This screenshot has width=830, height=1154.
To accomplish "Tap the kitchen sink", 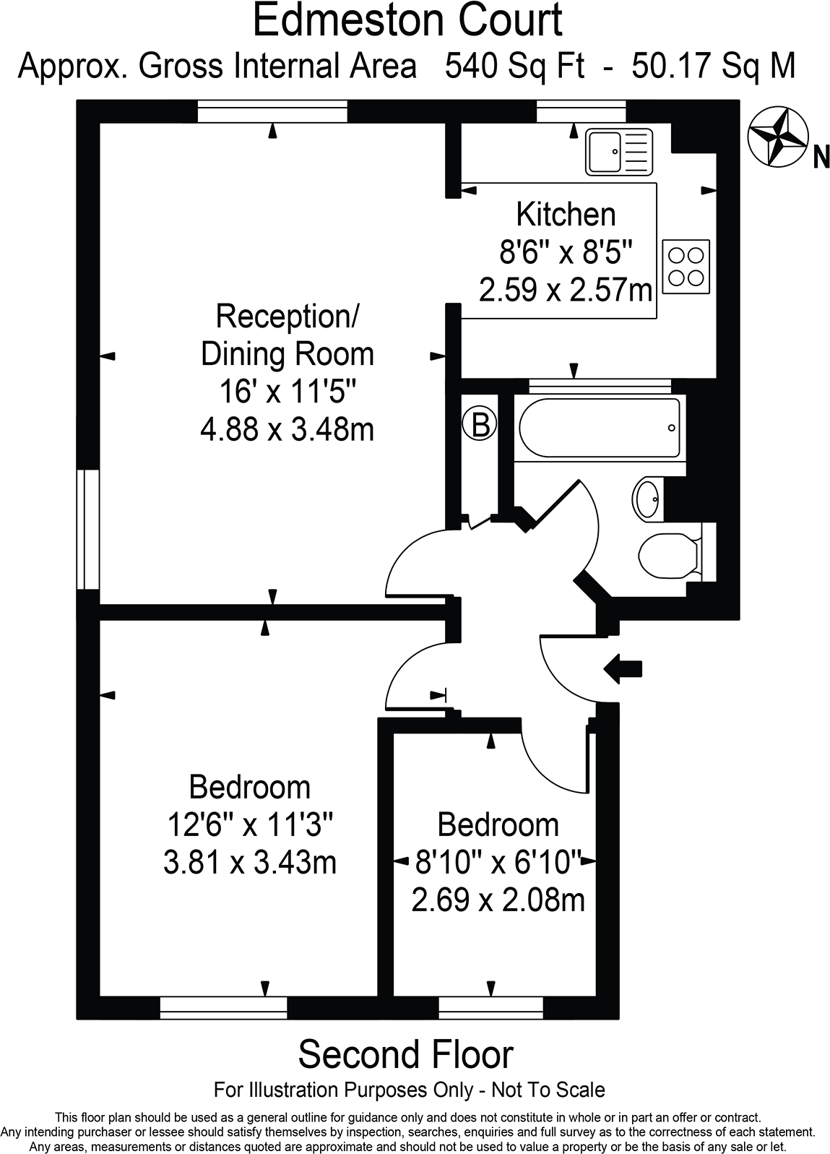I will (x=619, y=152).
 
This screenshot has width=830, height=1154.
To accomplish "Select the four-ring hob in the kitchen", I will (x=686, y=266).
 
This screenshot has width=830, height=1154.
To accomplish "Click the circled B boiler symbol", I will (x=480, y=426).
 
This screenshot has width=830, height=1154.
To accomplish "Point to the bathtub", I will (x=599, y=428).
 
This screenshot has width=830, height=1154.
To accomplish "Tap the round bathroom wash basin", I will (x=647, y=499).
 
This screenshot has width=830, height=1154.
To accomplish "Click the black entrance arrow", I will (x=623, y=668).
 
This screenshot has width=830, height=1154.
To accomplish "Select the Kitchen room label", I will (x=566, y=215).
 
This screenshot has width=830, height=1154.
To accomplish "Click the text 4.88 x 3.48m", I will (x=287, y=430).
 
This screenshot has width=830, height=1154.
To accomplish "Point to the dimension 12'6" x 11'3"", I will (x=250, y=823).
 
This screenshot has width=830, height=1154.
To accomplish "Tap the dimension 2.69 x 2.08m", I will (x=498, y=900).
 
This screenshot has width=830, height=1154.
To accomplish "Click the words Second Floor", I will (x=405, y=1054).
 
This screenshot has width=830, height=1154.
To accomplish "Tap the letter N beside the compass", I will (x=821, y=157).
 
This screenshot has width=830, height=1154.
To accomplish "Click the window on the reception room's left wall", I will (x=90, y=529).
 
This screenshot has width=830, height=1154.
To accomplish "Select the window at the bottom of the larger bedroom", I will (x=223, y=1007).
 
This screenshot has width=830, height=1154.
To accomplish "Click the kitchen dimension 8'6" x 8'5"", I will (x=566, y=253).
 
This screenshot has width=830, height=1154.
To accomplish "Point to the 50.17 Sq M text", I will (x=713, y=66).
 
